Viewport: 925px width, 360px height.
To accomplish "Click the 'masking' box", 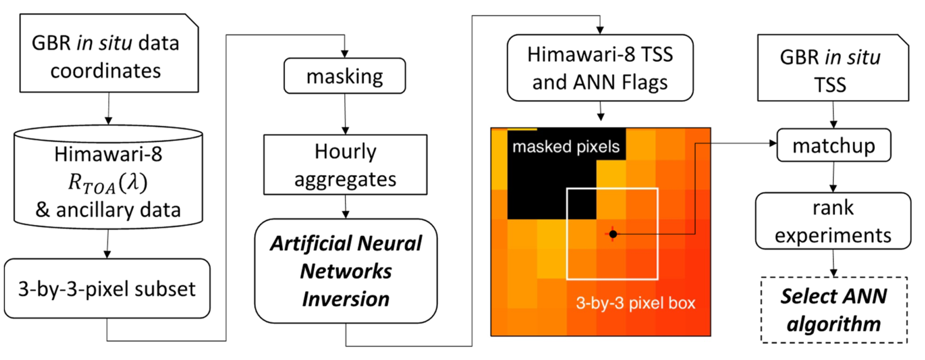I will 344,76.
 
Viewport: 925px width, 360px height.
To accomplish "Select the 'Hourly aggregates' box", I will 345,164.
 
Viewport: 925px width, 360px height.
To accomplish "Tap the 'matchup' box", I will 833,145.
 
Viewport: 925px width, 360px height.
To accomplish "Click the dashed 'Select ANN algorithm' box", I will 833,310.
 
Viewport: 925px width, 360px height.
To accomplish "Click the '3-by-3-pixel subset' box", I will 107,288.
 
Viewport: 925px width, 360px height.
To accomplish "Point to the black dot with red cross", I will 613,234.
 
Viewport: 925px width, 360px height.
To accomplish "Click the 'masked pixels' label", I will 566,146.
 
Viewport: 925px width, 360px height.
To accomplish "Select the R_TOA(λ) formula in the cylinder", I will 108,182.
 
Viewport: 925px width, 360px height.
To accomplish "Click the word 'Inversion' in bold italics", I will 346,299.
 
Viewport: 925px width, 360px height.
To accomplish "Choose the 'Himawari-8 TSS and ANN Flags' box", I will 600,68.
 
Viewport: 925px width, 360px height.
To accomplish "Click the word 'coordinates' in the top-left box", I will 105,70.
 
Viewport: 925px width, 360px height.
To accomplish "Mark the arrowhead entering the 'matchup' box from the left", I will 773,143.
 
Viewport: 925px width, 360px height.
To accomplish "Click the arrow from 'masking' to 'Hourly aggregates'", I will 345,114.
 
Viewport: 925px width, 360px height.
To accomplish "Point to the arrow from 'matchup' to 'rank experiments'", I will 833,177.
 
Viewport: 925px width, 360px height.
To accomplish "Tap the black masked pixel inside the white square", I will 582,204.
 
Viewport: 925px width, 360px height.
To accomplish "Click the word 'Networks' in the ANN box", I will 346,271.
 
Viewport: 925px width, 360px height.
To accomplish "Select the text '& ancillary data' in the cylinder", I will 108,210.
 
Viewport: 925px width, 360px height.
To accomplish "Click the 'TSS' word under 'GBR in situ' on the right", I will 830,85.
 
